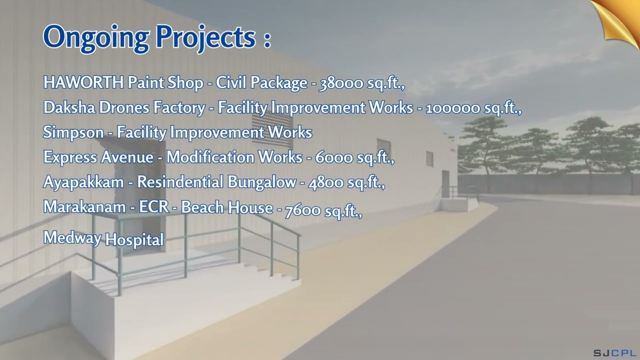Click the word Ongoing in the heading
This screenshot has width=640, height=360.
click(96, 37)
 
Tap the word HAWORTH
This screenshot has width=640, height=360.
click(83, 82)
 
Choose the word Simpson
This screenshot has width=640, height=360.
click(73, 132)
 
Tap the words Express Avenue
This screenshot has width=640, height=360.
click(98, 157)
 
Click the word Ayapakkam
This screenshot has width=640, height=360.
click(83, 182)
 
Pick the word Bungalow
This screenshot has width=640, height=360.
click(261, 182)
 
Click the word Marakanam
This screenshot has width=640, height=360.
click(84, 207)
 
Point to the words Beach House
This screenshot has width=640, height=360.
click(227, 207)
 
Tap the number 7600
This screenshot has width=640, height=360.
click(302, 210)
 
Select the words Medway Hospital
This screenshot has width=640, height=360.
click(103, 238)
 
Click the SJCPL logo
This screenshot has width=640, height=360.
click(614, 352)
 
